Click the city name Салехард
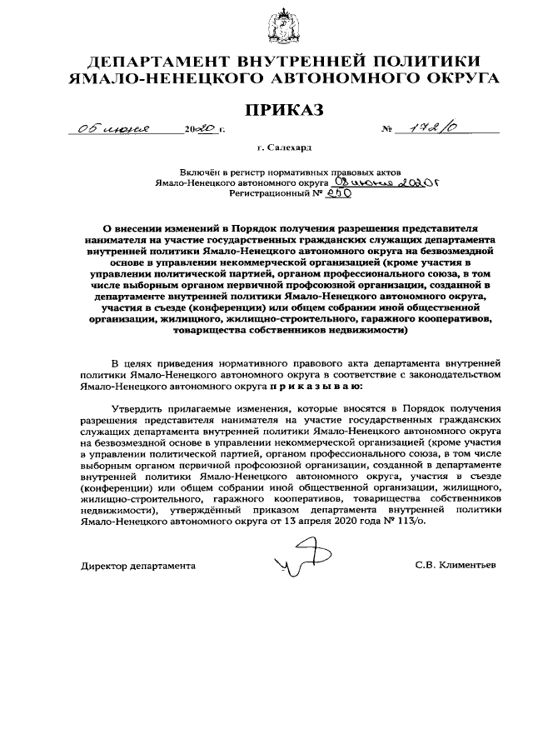click(x=289, y=147)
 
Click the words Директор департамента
click(x=138, y=565)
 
